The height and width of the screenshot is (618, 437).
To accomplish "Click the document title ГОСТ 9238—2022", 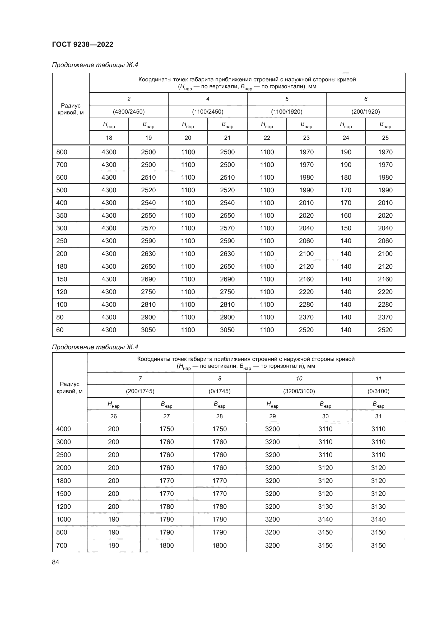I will [82, 44].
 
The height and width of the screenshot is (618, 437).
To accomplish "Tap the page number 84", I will [55, 562].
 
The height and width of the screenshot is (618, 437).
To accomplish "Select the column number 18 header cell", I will [109, 138].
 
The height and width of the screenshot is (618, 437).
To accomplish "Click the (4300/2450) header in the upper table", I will [129, 112].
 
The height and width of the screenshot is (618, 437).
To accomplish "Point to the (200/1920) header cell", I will [365, 112].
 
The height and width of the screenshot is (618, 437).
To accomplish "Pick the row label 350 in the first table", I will [62, 216].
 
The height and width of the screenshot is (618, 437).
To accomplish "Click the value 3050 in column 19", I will [148, 330].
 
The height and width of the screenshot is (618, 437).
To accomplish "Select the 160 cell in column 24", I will [346, 216].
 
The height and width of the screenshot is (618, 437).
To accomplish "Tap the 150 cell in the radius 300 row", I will [346, 228].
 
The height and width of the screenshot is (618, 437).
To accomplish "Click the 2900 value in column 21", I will [227, 317].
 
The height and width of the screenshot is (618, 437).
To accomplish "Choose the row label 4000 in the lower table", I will [63, 429].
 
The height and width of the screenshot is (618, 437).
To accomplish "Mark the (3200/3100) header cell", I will [299, 391].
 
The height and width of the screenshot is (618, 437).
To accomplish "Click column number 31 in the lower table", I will [378, 416].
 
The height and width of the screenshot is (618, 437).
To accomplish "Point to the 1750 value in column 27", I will [166, 429].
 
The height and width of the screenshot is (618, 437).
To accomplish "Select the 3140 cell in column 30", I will [325, 519].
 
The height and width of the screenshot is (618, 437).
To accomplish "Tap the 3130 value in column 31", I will [378, 507].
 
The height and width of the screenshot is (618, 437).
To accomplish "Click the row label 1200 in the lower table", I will [63, 507].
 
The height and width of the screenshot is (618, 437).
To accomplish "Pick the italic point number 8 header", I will [220, 379].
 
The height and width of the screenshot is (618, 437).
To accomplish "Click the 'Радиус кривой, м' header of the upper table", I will [71, 109].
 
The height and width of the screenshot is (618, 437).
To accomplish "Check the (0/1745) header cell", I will [220, 391].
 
